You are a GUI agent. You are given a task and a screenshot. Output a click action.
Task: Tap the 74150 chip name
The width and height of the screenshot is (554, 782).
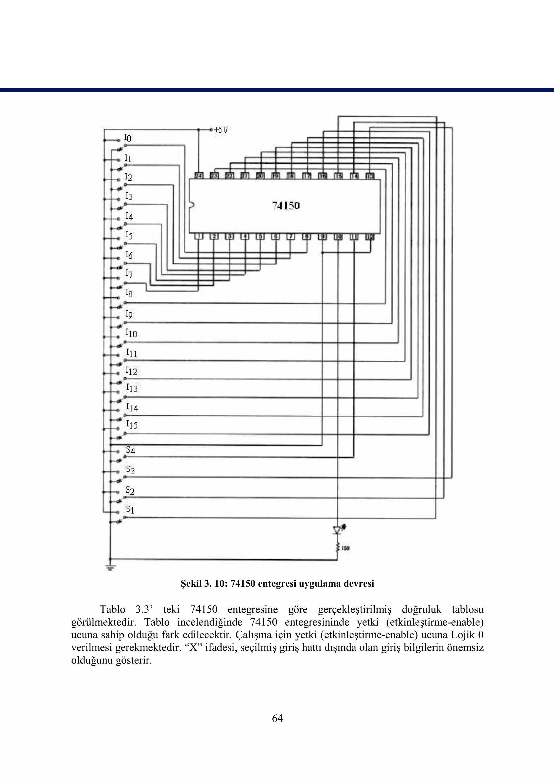(286, 206)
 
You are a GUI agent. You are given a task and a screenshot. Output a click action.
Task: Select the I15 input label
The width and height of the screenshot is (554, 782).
(132, 425)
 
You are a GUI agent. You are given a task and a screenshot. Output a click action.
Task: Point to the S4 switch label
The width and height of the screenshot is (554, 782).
(131, 450)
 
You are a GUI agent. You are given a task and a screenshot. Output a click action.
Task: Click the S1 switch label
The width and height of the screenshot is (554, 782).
(130, 510)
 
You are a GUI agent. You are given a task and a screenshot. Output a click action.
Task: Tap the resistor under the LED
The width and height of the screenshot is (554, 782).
(338, 548)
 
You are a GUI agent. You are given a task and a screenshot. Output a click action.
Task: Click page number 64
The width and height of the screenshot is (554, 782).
(277, 718)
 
